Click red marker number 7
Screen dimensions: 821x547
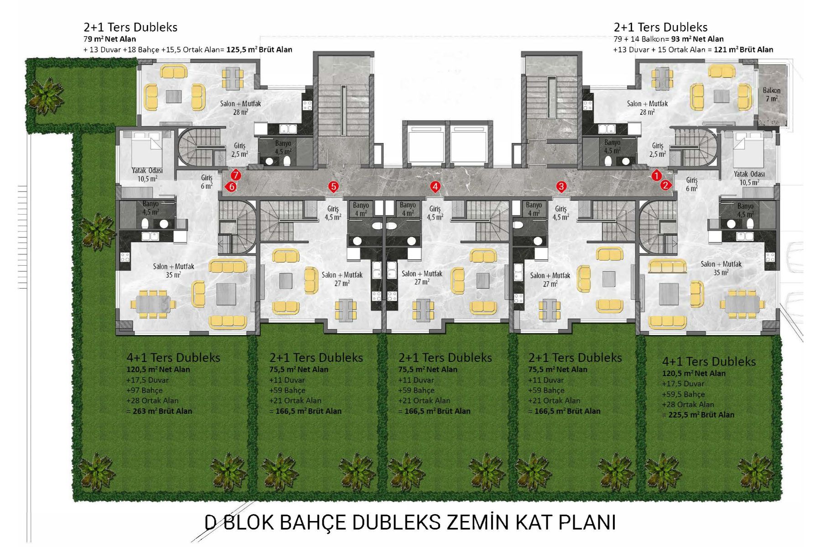pyautogui.click(x=235, y=175)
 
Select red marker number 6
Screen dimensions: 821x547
pyautogui.click(x=231, y=186)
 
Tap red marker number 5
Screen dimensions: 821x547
pyautogui.click(x=334, y=186)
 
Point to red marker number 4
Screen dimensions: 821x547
pyautogui.click(x=436, y=186)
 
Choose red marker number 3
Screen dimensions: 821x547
pyautogui.click(x=561, y=186)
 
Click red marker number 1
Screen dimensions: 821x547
pyautogui.click(x=656, y=175)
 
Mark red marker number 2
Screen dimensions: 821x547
pyautogui.click(x=665, y=185)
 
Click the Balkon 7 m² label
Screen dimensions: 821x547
pyautogui.click(x=772, y=94)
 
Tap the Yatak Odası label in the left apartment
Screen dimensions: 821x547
pyautogui.click(x=147, y=170)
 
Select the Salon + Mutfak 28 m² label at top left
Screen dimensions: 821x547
pyautogui.click(x=240, y=108)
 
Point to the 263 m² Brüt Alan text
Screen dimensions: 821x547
pyautogui.click(x=162, y=411)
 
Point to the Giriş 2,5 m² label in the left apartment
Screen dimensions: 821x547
pyautogui.click(x=239, y=150)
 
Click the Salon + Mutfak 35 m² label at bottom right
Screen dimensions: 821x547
pyautogui.click(x=721, y=268)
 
